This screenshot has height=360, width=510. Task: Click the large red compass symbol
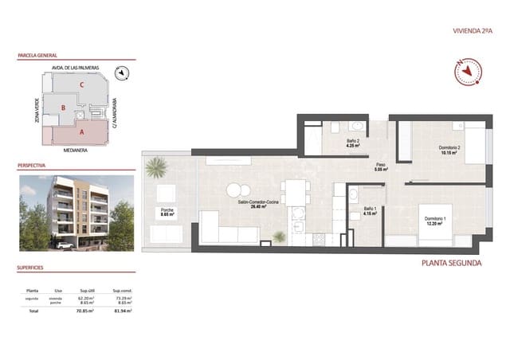(x=465, y=72)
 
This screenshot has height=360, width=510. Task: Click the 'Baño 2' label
(x=354, y=143)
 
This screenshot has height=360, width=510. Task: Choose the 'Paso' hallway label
(x=382, y=166)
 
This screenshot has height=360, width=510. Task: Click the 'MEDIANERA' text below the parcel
(x=76, y=149)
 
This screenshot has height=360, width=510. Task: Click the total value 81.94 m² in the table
(x=122, y=312)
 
